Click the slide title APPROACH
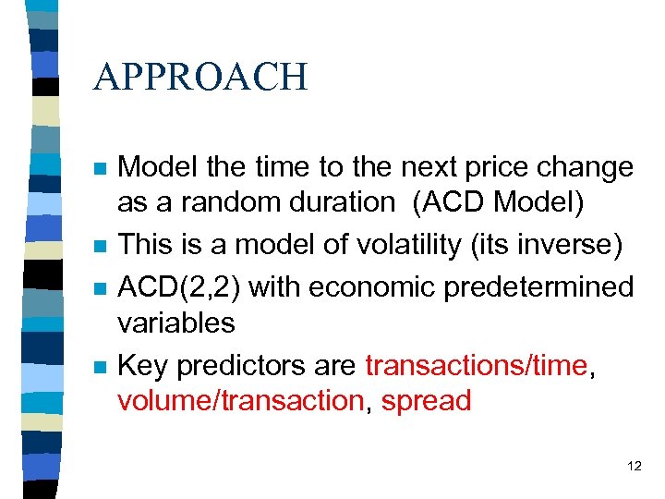[200, 77]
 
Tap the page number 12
[634, 466]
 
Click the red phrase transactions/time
[476, 366]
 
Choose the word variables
[175, 323]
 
